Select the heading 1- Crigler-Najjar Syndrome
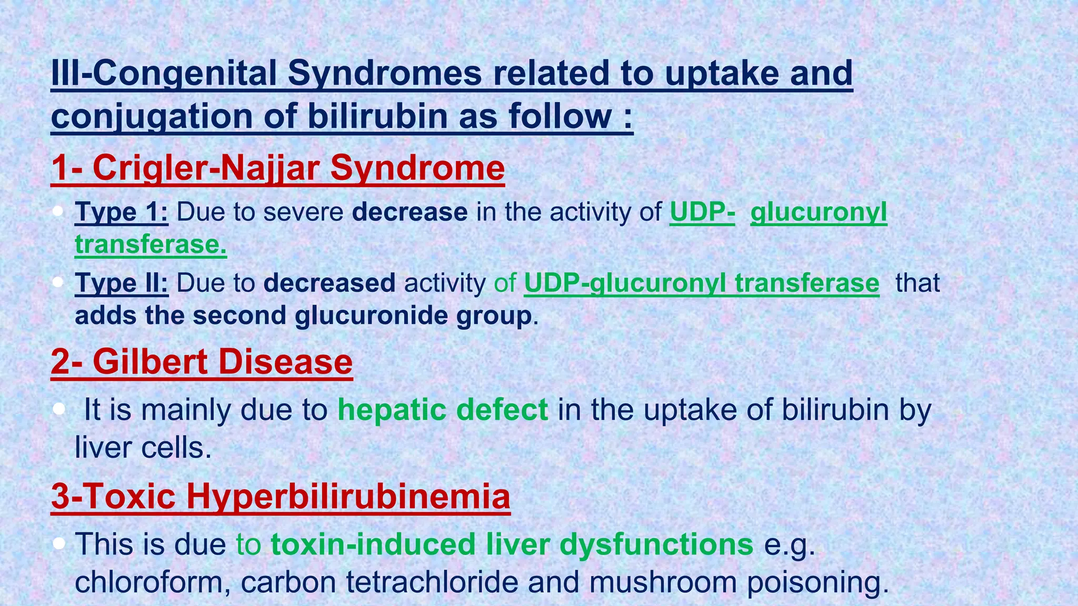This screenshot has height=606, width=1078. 278,168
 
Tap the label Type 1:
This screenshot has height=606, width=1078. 122,212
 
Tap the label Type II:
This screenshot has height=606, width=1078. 122,283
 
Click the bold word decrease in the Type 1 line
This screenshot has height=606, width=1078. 410,212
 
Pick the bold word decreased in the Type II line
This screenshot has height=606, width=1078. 329,283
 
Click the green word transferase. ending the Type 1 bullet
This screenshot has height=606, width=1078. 151,245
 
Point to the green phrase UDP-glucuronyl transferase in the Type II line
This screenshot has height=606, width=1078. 701,283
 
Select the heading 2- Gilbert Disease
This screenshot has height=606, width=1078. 202,362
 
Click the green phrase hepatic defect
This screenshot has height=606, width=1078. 443,410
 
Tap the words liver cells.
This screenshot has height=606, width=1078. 143,448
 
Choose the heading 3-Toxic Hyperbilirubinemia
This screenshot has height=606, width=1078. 281,496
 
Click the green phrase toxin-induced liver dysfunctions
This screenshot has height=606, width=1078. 512,544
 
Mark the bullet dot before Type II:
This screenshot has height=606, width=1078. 58,282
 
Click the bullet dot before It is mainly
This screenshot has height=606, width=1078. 58,409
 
